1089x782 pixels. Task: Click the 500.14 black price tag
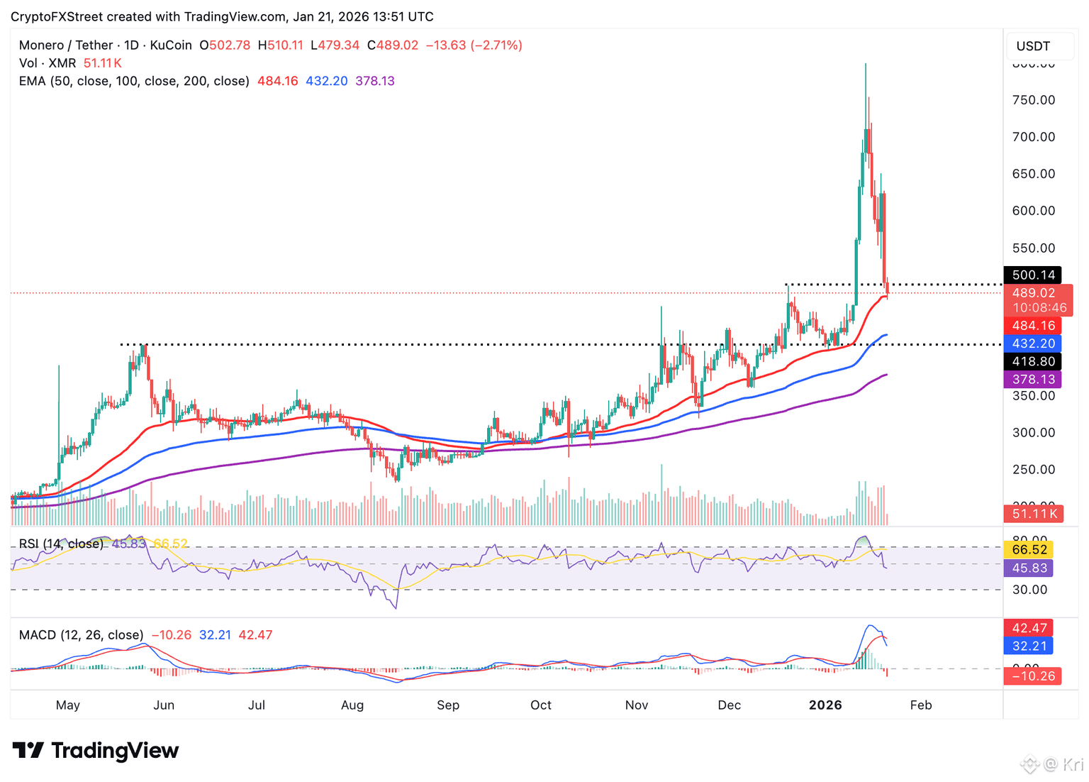coord(1033,275)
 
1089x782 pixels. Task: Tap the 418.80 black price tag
coord(1033,361)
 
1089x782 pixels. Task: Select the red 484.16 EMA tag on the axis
coord(1033,326)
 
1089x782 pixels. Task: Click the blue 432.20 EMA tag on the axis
coord(1033,343)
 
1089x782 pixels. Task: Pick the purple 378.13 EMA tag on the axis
coord(1033,379)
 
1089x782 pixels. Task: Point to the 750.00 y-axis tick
coord(1034,100)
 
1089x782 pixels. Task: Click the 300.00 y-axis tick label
coord(1034,432)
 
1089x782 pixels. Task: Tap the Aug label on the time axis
coord(352,705)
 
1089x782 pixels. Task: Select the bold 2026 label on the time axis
coord(825,705)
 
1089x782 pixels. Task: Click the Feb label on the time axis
coord(921,705)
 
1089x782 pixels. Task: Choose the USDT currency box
coord(1033,46)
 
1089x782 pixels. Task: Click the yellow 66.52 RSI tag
coord(1029,549)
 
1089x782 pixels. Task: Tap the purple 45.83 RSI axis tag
coord(1029,568)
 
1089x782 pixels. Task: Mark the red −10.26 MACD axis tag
coord(1033,676)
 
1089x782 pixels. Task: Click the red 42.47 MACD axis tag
coord(1029,628)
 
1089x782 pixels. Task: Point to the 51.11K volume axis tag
coord(1034,514)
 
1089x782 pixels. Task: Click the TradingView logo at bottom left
coord(96,750)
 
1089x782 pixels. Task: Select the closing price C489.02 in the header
coord(393,45)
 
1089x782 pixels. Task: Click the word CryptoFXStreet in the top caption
coord(57,16)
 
